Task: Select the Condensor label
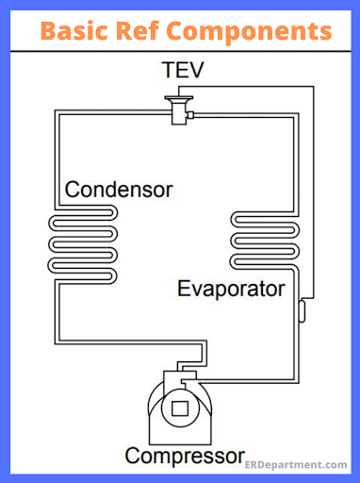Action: click(119, 190)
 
